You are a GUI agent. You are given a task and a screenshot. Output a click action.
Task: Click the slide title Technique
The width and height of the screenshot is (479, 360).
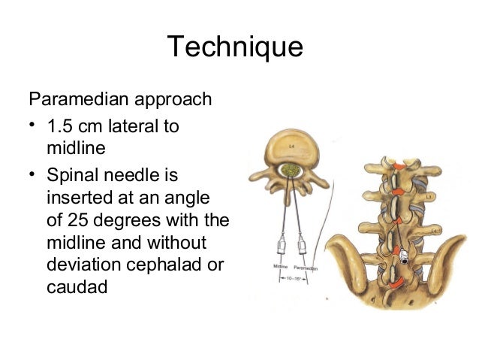[235, 47]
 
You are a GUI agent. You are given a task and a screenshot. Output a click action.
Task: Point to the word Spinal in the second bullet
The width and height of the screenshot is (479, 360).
[72, 176]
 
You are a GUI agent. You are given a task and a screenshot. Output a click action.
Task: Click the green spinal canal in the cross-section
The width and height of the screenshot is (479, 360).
[291, 171]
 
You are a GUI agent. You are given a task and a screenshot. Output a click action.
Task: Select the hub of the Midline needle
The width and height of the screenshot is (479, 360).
[279, 244]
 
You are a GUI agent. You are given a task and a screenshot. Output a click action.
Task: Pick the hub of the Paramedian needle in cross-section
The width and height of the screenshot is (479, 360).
[302, 244]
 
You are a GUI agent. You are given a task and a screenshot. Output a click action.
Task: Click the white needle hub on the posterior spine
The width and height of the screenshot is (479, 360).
[405, 257]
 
